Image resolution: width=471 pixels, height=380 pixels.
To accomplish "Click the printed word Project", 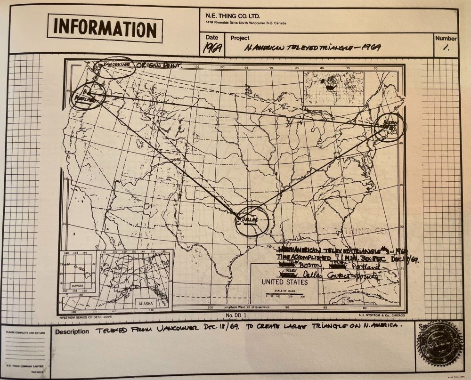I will [x=240, y=38].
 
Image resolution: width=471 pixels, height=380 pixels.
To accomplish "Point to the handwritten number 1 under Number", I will [x=446, y=48].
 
